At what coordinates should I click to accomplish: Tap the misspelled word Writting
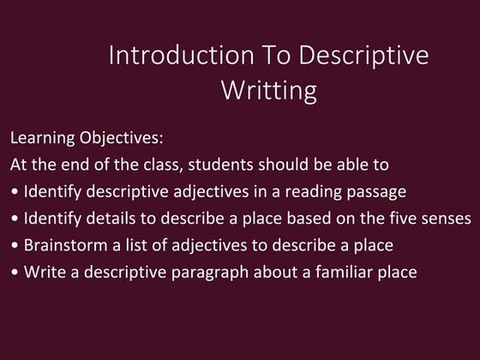(269, 89)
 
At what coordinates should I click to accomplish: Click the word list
(131, 246)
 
